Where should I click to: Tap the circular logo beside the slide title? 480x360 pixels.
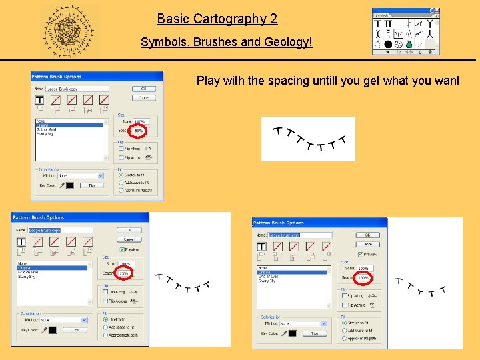point(69,31)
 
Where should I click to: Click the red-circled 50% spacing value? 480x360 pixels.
point(139,131)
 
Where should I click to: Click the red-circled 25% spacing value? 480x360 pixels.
point(124,273)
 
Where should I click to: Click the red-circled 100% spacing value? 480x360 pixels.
point(363,277)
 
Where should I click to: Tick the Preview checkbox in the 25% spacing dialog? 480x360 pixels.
point(122,249)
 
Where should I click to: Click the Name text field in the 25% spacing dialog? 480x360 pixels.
point(61,230)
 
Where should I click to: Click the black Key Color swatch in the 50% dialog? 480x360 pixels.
point(69,185)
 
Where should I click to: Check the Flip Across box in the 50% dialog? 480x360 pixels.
point(121,158)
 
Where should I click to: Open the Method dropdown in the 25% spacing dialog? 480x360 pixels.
point(63,319)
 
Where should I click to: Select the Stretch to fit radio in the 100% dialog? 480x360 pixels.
point(343,321)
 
